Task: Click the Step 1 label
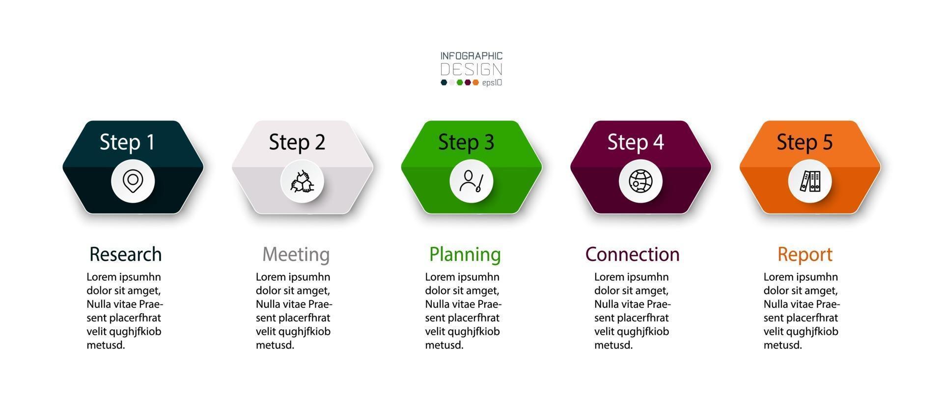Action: coord(127,142)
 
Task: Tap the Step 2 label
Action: coord(297,142)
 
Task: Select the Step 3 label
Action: coord(466,142)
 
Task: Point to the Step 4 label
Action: coord(636,142)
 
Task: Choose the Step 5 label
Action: coord(804,142)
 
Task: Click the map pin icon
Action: coord(133,181)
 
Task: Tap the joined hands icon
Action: coord(302,181)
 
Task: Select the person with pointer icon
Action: coord(471,181)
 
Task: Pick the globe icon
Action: coord(640,181)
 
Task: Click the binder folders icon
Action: coord(809,181)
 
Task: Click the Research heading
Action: coord(125,254)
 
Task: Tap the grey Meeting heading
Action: coord(296,255)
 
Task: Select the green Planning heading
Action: coord(465,255)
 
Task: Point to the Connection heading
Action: coord(633,254)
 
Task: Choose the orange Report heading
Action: coord(805,255)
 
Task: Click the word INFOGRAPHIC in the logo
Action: coord(471,56)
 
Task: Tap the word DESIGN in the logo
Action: coord(471,69)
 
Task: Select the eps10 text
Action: coord(492,82)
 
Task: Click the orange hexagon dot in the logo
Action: coord(475,82)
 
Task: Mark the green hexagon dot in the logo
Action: coord(460,82)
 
